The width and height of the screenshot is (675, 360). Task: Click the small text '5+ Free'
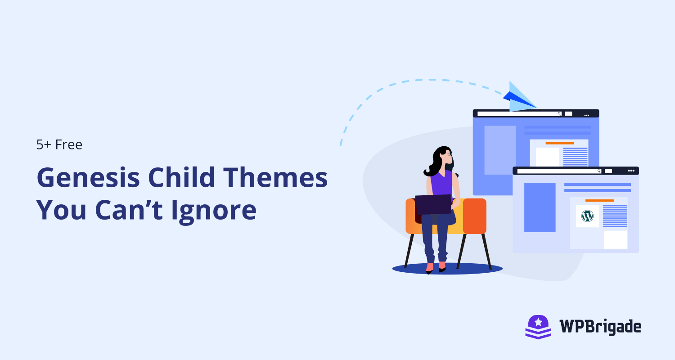(59, 145)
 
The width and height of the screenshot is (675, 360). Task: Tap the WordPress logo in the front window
(587, 216)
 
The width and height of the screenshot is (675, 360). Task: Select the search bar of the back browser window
(519, 114)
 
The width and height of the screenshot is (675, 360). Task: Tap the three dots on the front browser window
(631, 171)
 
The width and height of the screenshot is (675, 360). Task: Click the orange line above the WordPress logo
(599, 200)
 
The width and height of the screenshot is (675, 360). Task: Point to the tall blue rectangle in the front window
(540, 207)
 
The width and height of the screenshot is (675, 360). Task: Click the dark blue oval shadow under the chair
(447, 269)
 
